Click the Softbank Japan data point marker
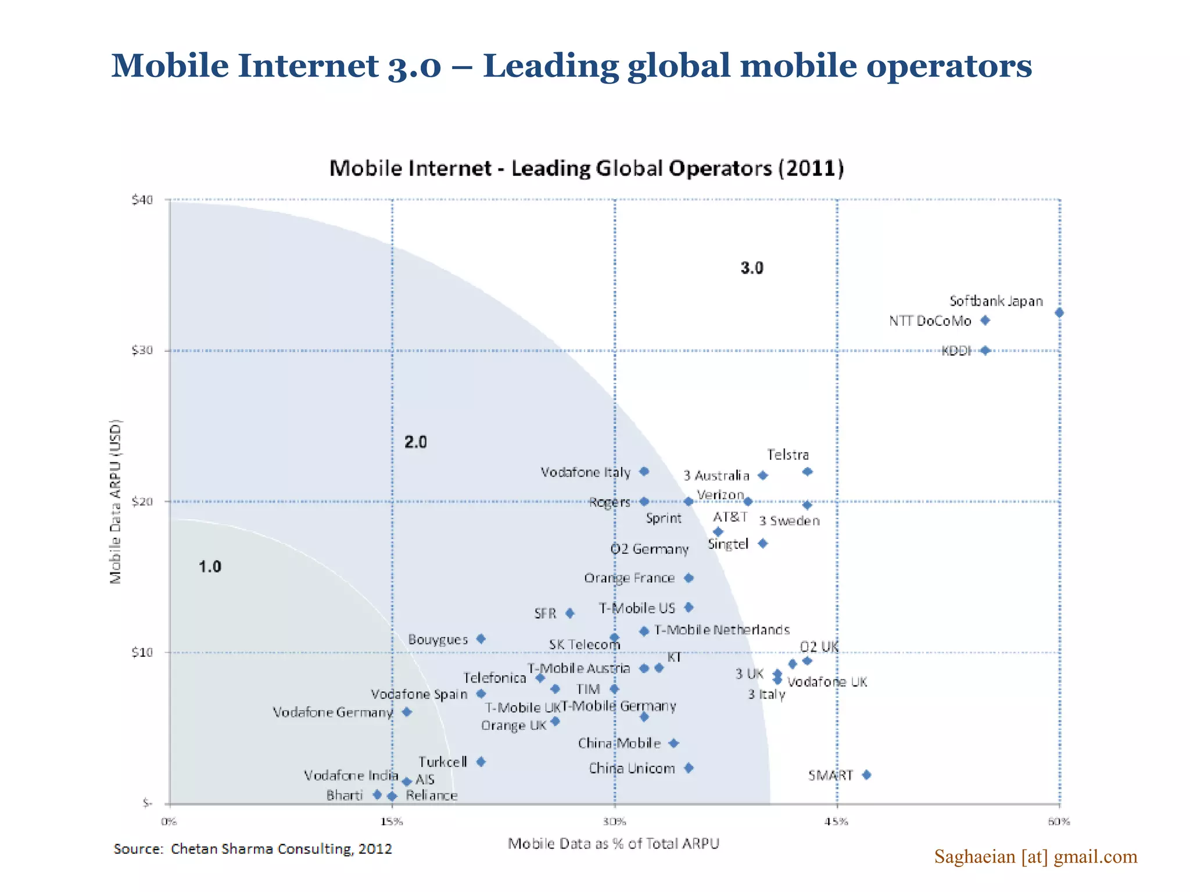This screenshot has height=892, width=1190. (1059, 313)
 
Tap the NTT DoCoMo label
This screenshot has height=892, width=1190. (930, 321)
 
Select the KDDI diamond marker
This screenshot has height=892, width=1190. (985, 351)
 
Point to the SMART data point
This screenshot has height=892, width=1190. (866, 775)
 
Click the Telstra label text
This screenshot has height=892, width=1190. (787, 455)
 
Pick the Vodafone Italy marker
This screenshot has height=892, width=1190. (644, 472)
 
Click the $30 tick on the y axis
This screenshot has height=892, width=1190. (142, 350)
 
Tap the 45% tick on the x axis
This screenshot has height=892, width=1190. (837, 821)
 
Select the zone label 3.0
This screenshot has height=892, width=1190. (752, 268)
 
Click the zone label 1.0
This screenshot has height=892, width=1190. (210, 567)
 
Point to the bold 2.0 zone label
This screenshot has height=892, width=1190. (415, 443)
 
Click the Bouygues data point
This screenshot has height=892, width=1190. (481, 639)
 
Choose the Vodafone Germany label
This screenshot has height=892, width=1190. (333, 713)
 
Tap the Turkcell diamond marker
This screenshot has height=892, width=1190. (481, 762)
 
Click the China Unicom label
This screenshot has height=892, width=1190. (632, 768)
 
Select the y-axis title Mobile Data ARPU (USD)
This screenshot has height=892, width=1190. (116, 502)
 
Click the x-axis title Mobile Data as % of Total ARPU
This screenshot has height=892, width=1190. (613, 844)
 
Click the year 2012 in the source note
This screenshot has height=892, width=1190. (375, 849)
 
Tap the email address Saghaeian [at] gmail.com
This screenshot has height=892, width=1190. (1035, 857)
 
